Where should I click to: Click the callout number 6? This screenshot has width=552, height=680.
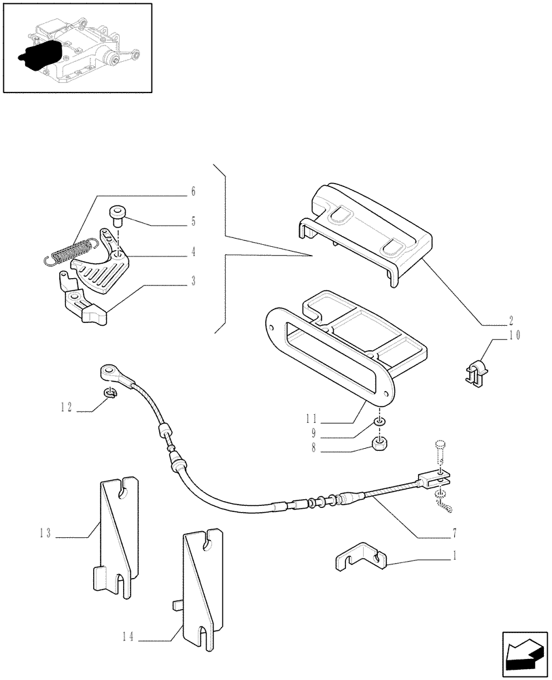(x=193, y=192)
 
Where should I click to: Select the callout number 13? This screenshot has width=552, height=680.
(x=46, y=534)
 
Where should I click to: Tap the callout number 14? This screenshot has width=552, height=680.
(x=128, y=637)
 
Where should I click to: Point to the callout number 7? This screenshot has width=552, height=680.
(x=454, y=532)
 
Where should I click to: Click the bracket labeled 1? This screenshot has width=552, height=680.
(x=360, y=558)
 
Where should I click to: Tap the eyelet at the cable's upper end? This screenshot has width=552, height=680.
(x=109, y=372)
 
